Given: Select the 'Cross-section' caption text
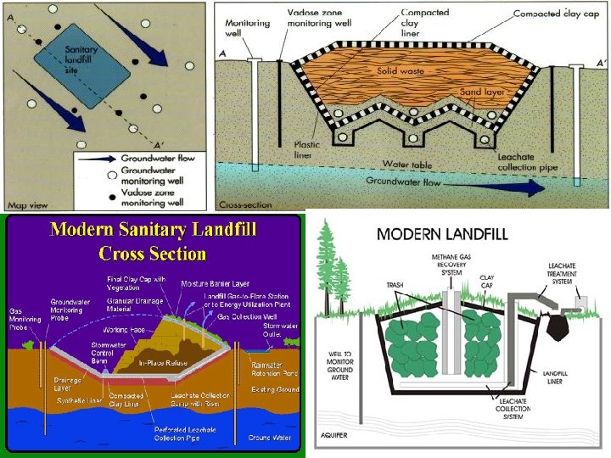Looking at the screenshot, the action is pos(244,204).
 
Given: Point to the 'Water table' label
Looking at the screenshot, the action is pos(406,163).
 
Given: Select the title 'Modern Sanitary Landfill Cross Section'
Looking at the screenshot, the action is pos(153,241).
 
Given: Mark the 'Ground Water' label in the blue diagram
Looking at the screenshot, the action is pos(271,438).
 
